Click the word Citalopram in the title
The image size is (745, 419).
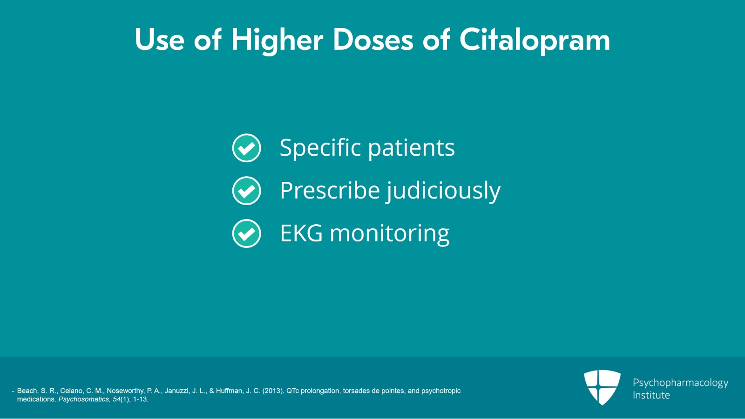pyautogui.click(x=535, y=40)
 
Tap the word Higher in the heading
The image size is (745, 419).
pyautogui.click(x=278, y=41)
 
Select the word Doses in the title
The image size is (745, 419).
pyautogui.click(x=373, y=40)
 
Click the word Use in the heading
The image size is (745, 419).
pyautogui.click(x=160, y=40)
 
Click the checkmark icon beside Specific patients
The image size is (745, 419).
pyautogui.click(x=246, y=148)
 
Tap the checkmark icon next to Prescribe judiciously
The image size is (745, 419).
pyautogui.click(x=246, y=191)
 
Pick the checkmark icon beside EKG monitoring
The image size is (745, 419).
pyautogui.click(x=246, y=234)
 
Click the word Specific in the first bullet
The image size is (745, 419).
pyautogui.click(x=320, y=148)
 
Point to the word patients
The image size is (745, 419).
pyautogui.click(x=412, y=148)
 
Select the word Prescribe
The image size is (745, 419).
pyautogui.click(x=330, y=190)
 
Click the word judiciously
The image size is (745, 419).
pyautogui.click(x=443, y=191)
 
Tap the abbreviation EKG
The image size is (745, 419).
pyautogui.click(x=301, y=233)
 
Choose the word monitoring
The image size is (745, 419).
pyautogui.click(x=389, y=234)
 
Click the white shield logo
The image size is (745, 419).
pyautogui.click(x=602, y=387)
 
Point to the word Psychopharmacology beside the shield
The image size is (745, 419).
pyautogui.click(x=680, y=383)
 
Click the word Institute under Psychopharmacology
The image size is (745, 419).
pyautogui.click(x=651, y=395)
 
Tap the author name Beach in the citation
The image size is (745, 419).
pyautogui.click(x=27, y=391)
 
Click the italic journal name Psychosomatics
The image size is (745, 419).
pyautogui.click(x=83, y=399)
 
